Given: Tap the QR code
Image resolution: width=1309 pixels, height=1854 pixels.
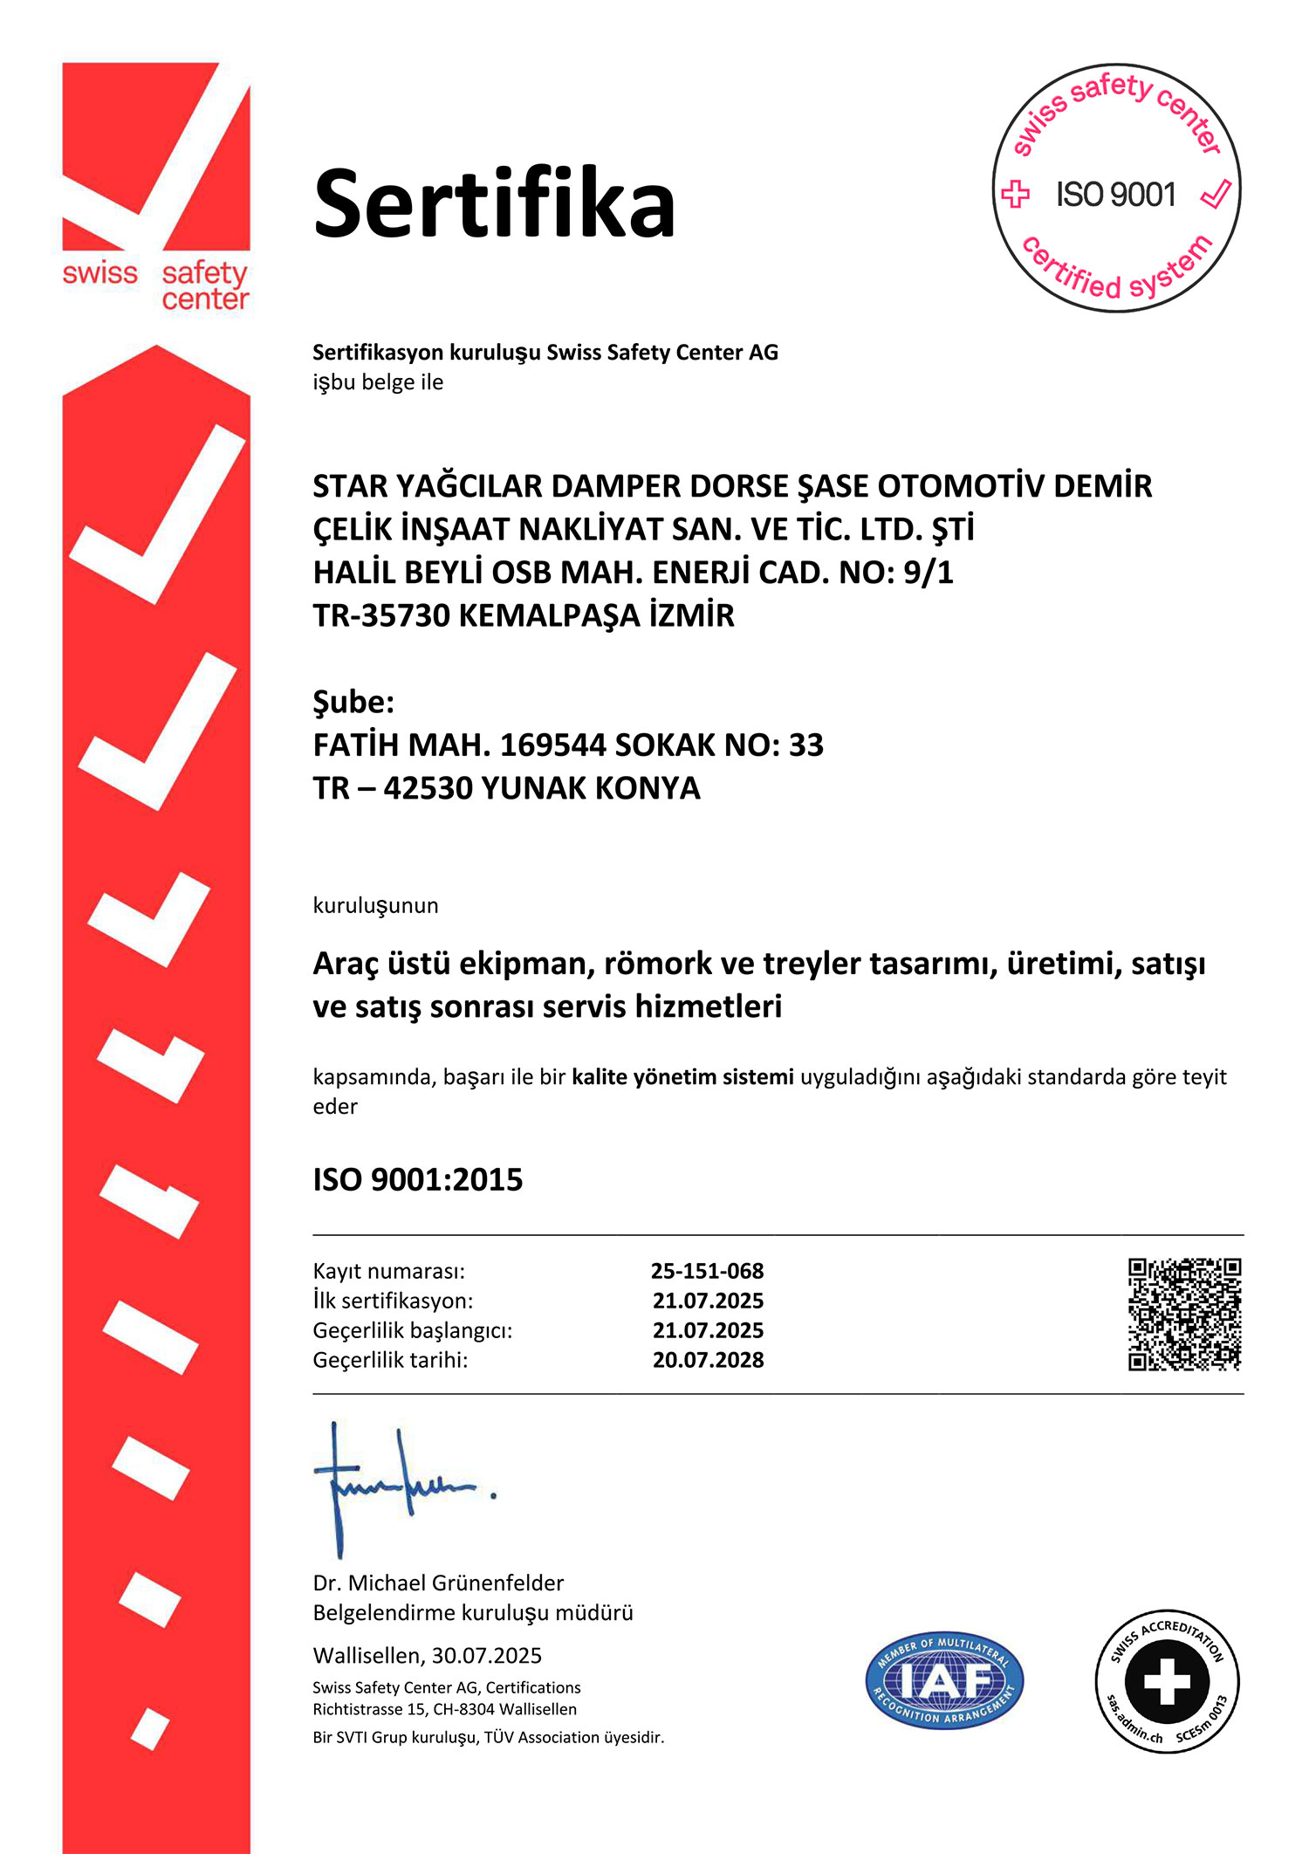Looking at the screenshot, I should click(1184, 1314).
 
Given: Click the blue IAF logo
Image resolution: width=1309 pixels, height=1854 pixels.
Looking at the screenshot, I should click(944, 1680).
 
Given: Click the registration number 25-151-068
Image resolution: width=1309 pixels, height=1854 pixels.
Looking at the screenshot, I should click(707, 1271).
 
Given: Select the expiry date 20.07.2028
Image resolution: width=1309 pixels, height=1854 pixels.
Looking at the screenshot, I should click(708, 1360).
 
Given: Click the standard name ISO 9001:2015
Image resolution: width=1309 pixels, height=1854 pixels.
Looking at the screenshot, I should click(418, 1180).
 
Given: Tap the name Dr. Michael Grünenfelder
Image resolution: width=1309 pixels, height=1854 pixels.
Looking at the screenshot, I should click(438, 1583).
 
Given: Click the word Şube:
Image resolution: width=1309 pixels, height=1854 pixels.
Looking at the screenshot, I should click(353, 702).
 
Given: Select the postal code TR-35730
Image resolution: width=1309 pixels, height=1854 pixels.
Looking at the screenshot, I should click(380, 615).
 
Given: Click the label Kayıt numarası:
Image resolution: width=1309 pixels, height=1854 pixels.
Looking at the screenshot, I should click(389, 1271).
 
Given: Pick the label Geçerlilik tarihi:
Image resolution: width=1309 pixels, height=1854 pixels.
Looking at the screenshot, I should click(390, 1360).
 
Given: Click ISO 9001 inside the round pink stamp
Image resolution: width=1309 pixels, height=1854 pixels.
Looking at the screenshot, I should click(1116, 195).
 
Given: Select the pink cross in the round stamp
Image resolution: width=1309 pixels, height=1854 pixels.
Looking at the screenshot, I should click(1015, 194).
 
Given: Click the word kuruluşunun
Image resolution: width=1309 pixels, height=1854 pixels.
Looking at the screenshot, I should click(375, 905).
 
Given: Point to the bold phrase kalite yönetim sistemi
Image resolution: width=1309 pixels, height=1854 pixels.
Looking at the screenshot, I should click(682, 1076).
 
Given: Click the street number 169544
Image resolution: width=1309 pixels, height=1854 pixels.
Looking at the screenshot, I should click(552, 745).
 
